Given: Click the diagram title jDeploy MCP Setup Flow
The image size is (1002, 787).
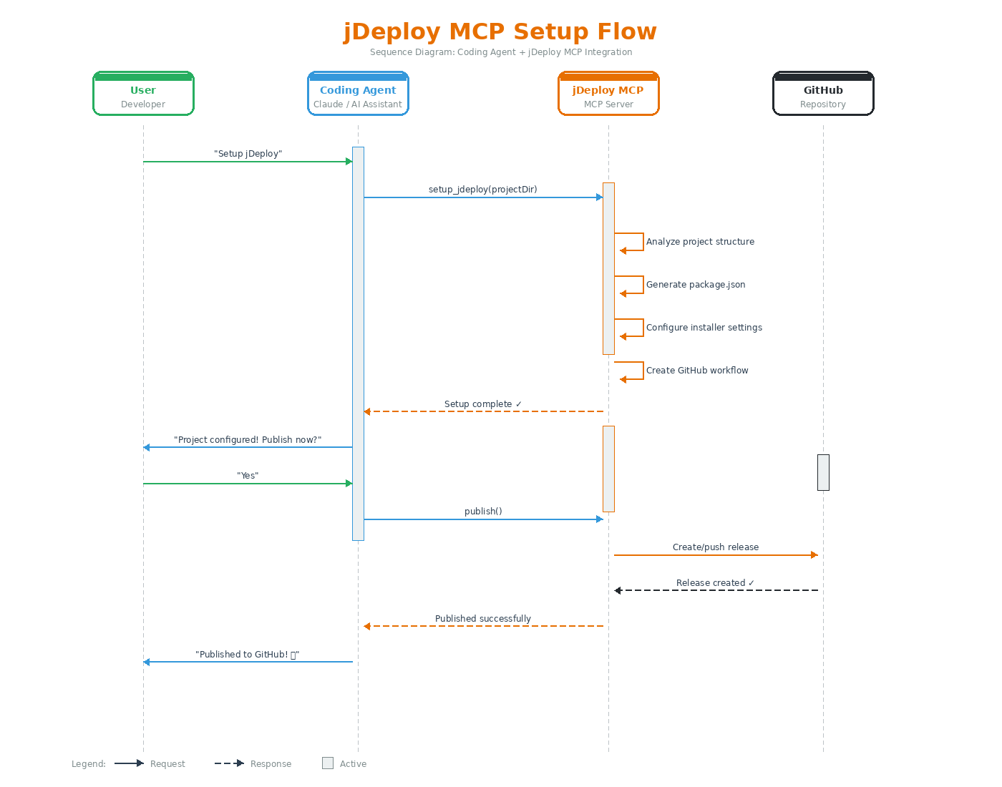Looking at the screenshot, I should point(500,31).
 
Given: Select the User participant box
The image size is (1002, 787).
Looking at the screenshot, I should point(143,94).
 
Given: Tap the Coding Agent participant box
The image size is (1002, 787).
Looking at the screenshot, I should point(358,94).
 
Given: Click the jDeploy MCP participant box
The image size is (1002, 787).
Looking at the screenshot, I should point(608,94).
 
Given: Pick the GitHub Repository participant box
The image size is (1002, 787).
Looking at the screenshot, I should point(823,94).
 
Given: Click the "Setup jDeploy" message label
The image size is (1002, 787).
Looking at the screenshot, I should point(248,154).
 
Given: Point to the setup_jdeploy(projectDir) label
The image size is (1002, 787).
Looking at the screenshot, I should point(482,190).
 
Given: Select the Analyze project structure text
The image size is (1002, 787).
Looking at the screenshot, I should point(700,242).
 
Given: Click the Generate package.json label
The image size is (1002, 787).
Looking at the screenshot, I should point(696,285).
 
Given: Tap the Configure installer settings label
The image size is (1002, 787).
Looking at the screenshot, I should point(704,328).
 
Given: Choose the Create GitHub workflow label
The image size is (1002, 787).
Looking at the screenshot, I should point(697,371).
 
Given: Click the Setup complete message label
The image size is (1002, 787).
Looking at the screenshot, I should point(482,404).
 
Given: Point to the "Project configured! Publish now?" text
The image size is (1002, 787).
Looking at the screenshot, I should point(248,440).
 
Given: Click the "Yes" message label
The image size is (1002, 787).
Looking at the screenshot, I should point(248,476).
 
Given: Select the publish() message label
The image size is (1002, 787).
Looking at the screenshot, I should point(482,512).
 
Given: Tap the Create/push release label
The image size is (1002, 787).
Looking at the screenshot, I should point(715,547).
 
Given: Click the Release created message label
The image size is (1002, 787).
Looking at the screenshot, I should point(715,583).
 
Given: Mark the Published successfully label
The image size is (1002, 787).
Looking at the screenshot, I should point(482,619).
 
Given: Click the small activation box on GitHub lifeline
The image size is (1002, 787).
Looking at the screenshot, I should point(823,472).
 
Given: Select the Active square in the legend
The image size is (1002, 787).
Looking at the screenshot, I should point(328,763).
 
